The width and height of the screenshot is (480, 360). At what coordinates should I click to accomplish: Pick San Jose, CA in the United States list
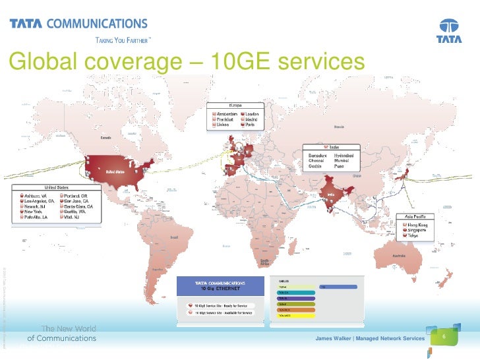[77, 201]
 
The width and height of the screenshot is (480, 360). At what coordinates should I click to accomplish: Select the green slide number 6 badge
[444, 337]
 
